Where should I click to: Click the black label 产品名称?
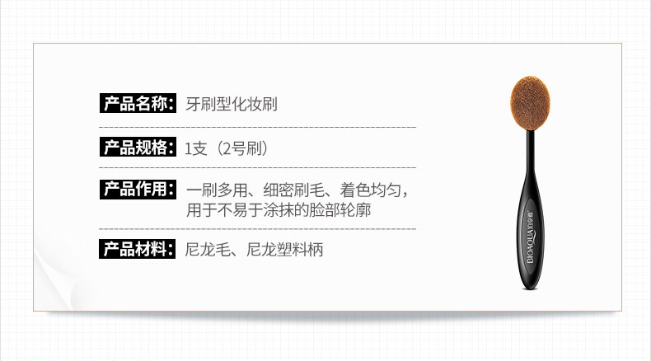click(136, 104)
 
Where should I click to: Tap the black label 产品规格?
click(136, 148)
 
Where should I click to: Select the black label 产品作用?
click(136, 189)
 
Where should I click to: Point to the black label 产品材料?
click(136, 248)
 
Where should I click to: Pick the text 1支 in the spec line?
click(197, 149)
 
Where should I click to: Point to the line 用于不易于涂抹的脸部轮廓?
click(279, 210)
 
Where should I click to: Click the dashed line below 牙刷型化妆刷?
click(257, 128)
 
